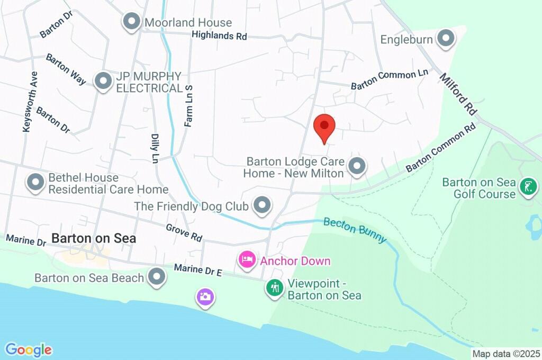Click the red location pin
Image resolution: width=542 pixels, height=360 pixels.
[x=324, y=127]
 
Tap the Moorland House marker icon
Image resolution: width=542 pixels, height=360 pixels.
[x=130, y=22]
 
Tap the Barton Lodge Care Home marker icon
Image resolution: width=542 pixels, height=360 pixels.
[x=358, y=166]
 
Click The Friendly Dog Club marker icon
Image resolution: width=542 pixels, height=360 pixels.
[x=261, y=205]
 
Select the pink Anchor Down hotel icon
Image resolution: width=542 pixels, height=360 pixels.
[x=246, y=259]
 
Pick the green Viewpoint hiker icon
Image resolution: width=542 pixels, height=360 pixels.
[x=274, y=288]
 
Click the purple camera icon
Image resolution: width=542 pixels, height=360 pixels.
[x=205, y=296]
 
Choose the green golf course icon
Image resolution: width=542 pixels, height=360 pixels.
[x=528, y=186]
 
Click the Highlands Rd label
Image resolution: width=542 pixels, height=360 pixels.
[x=220, y=36]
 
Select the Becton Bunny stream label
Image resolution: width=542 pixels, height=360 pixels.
[x=355, y=229]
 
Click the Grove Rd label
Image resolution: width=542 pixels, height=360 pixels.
[x=184, y=232]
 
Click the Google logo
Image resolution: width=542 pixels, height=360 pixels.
[x=29, y=349]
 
